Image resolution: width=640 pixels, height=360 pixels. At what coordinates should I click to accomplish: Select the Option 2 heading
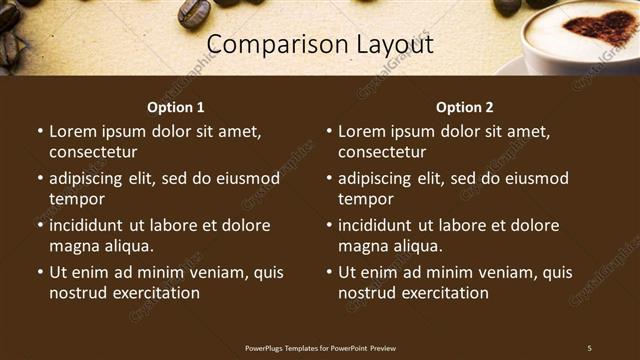click(465, 107)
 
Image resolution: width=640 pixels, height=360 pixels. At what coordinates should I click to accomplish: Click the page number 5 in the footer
click(589, 347)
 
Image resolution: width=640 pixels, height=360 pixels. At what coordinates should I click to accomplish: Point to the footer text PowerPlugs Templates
click(284, 347)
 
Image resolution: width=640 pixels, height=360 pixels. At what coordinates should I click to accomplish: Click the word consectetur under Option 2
click(382, 153)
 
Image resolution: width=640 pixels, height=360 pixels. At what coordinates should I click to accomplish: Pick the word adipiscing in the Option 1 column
click(90, 179)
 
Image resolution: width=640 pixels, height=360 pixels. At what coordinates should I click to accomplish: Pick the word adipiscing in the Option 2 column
click(379, 179)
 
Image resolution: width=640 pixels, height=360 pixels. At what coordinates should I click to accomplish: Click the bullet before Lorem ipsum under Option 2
click(329, 131)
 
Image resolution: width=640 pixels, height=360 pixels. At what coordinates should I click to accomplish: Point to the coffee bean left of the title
click(193, 12)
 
